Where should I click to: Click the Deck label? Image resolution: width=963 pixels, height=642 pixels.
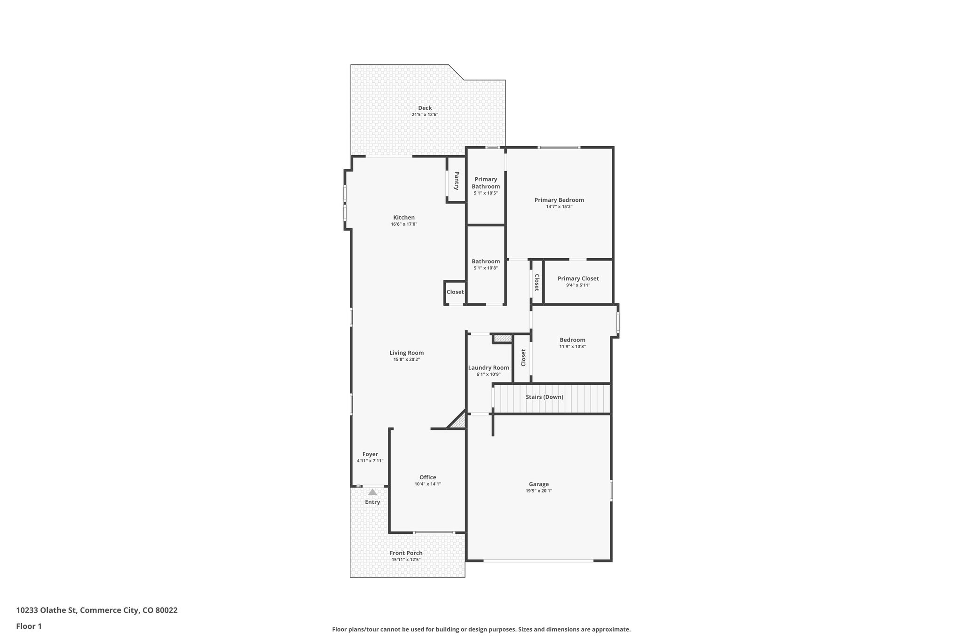pyautogui.click(x=425, y=108)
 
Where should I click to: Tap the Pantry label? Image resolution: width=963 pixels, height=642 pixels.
pyautogui.click(x=456, y=181)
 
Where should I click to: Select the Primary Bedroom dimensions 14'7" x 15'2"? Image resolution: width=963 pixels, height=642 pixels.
pyautogui.click(x=559, y=206)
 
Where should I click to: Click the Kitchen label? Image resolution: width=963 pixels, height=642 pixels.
pyautogui.click(x=404, y=217)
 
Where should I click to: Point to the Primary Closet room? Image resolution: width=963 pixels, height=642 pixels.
pyautogui.click(x=578, y=282)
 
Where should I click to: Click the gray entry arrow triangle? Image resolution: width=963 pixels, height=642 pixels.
pyautogui.click(x=372, y=492)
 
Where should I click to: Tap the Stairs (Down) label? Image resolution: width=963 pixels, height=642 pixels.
pyautogui.click(x=544, y=397)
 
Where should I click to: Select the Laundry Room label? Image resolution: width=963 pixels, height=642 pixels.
pyautogui.click(x=488, y=368)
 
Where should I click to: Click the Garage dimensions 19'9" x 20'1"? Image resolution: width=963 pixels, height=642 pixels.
pyautogui.click(x=538, y=491)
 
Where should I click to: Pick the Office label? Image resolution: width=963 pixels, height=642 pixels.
pyautogui.click(x=427, y=477)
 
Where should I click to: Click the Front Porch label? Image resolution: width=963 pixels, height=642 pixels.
pyautogui.click(x=406, y=553)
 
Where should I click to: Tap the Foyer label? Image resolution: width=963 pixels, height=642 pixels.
pyautogui.click(x=370, y=454)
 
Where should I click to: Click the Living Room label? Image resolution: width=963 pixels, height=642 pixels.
pyautogui.click(x=406, y=353)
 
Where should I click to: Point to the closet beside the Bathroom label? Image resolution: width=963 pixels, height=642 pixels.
pyautogui.click(x=455, y=292)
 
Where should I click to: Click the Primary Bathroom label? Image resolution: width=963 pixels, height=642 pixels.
pyautogui.click(x=486, y=182)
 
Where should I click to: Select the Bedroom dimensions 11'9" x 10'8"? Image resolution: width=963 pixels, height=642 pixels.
pyautogui.click(x=572, y=347)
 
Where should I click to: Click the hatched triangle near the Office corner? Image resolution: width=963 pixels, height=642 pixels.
pyautogui.click(x=458, y=421)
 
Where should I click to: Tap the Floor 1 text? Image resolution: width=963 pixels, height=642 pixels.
pyautogui.click(x=29, y=626)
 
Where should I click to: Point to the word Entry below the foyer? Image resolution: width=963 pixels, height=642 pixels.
pyautogui.click(x=372, y=502)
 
